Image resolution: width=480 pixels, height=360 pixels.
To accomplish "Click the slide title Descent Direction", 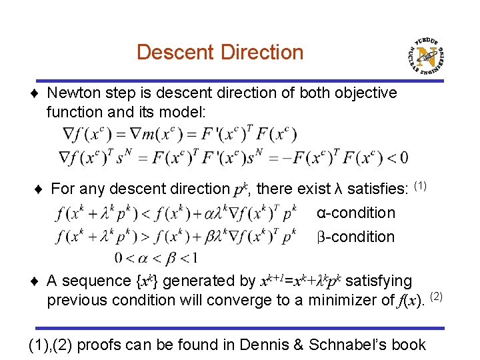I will click(x=219, y=52).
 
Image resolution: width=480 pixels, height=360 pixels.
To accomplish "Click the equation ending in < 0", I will click(x=233, y=157).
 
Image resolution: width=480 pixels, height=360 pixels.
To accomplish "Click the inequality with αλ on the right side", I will click(x=177, y=213).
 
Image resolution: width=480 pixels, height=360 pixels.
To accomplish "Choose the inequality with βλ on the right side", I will click(x=177, y=236).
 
